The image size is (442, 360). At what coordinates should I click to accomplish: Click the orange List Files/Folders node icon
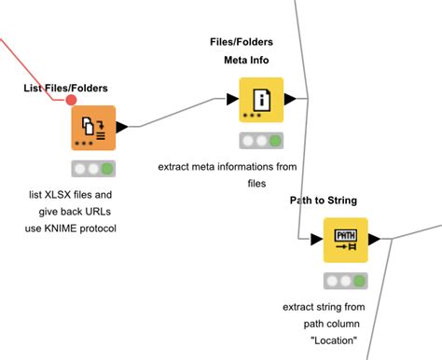(92, 128)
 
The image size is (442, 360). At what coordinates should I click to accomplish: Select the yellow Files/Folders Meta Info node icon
(260, 100)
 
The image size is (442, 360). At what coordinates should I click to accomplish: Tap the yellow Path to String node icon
(345, 240)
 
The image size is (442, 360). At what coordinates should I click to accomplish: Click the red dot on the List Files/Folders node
(72, 99)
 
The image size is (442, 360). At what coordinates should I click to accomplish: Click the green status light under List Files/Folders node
(108, 169)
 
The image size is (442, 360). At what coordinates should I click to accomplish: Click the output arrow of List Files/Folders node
(121, 126)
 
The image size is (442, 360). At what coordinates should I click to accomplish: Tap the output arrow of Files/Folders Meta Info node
(289, 99)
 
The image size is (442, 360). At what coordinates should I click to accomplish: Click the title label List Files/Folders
(65, 88)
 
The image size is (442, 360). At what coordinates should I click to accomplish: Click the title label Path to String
(323, 200)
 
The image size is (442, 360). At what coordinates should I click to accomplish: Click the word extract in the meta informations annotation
(177, 167)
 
